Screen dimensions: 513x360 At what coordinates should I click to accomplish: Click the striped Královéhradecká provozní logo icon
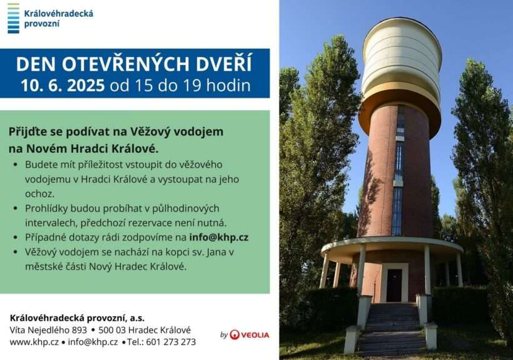pos(13,18)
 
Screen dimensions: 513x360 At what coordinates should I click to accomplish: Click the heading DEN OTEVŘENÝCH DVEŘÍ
pos(134,64)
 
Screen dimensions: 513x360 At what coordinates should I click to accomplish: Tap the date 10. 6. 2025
pos(63,85)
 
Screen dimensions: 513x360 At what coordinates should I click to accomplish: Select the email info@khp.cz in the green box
pos(219,237)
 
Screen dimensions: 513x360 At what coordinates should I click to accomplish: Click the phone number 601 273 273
pos(171,342)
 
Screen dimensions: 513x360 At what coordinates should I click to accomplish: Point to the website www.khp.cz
pos(34,342)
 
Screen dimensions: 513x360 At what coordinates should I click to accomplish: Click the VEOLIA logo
pos(249,335)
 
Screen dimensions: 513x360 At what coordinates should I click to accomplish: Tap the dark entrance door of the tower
pos(394,285)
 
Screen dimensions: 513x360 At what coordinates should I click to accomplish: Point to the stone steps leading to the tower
pos(391,328)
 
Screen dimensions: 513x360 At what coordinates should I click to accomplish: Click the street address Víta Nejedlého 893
pos(48,330)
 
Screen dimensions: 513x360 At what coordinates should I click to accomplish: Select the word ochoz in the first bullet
pos(39,193)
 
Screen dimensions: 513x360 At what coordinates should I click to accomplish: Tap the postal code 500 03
pos(112,330)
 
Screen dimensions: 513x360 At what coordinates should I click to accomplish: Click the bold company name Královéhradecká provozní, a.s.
pos(77,318)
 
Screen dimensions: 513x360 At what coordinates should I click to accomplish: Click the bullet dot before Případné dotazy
pos(16,238)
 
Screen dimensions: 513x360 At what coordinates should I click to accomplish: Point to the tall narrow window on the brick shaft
pos(399,170)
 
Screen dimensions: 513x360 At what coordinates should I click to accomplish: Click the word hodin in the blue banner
pos(229,85)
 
